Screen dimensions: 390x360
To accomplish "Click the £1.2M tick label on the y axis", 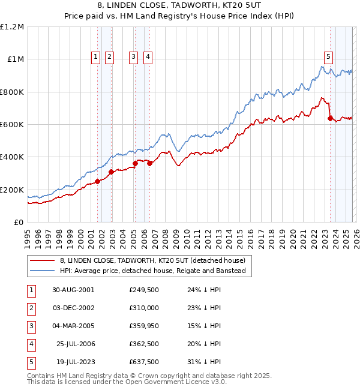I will pyautogui.click(x=12, y=27).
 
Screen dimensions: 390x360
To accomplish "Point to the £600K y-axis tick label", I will pyautogui.click(x=12, y=125).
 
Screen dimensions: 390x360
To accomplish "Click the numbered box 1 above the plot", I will pyautogui.click(x=96, y=57).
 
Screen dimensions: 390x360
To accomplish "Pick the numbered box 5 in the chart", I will pyautogui.click(x=329, y=57).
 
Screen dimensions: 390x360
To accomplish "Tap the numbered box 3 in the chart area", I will pyautogui.click(x=133, y=57).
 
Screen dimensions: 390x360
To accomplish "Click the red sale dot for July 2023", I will pyautogui.click(x=330, y=118).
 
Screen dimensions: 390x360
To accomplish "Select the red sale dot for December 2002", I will pyautogui.click(x=111, y=172).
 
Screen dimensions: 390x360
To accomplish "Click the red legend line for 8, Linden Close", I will pyautogui.click(x=42, y=261).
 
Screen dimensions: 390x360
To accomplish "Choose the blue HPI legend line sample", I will pyautogui.click(x=42, y=271).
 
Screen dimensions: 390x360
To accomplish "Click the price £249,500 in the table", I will pyautogui.click(x=144, y=289).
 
